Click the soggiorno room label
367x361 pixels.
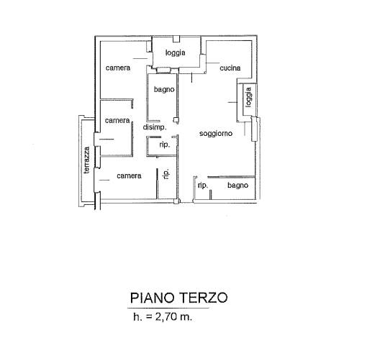tap(216, 134)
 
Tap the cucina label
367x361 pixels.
tap(230, 68)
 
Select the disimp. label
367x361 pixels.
tap(155, 127)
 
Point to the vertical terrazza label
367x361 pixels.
tap(86, 160)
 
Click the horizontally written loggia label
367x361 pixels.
tap(176, 52)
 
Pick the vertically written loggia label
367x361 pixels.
tap(249, 97)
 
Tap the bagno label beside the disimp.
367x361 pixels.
tap(164, 90)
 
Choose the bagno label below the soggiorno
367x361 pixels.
tap(237, 186)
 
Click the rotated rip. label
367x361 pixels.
tap(166, 173)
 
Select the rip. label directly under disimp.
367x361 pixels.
tap(165, 145)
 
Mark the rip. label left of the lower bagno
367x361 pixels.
tap(203, 186)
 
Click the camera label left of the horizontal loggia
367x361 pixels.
tap(118, 68)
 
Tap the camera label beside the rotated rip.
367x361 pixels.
tap(129, 176)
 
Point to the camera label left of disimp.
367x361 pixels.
tap(117, 120)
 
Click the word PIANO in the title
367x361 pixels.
tap(152, 298)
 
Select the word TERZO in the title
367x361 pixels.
tap(204, 298)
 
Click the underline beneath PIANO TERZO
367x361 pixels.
tap(168, 308)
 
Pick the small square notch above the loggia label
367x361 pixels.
tap(176, 39)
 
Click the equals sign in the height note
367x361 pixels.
tap(149, 317)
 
